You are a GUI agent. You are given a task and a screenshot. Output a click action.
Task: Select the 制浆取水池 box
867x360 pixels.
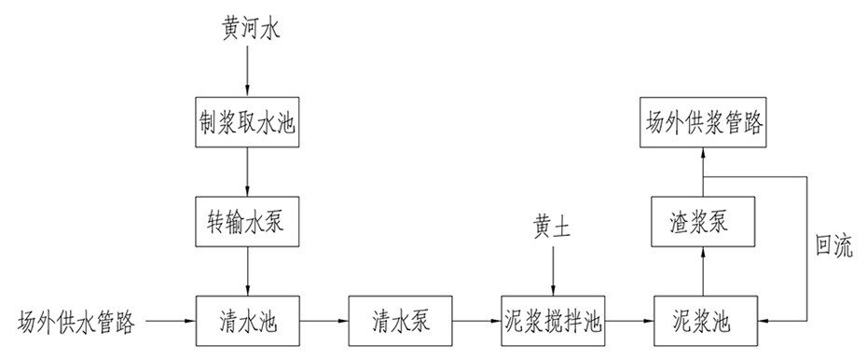coord(247,121)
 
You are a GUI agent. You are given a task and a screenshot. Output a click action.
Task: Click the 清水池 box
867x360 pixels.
coord(247,323)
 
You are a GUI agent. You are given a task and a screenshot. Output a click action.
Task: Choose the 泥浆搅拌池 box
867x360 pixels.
coord(552,323)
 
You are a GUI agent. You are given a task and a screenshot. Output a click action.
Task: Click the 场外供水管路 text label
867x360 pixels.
coord(78,324)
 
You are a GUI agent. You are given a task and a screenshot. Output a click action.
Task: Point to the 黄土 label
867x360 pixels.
coord(552,226)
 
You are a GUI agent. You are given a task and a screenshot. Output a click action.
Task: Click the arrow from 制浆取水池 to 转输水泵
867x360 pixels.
coord(247,171)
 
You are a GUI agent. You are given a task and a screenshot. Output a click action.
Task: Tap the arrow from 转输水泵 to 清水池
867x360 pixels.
coord(247,271)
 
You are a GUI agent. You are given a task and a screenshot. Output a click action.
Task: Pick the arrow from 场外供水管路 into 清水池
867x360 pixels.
coord(171,323)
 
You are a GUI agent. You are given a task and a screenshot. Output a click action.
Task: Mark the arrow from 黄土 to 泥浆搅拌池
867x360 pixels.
coord(552,270)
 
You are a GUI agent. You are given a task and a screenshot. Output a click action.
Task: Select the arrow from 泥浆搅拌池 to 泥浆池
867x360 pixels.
coord(629,323)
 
